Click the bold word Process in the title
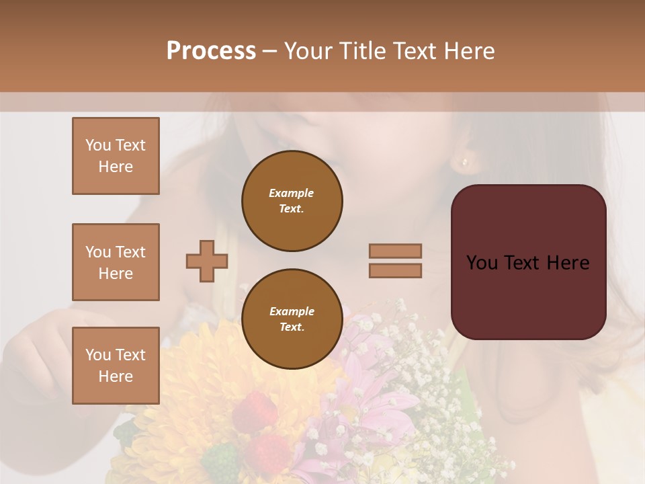(x=211, y=51)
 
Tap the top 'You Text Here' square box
(x=116, y=156)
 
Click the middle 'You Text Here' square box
(x=116, y=262)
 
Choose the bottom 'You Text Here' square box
(x=116, y=365)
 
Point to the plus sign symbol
(x=207, y=261)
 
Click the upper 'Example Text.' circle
(x=292, y=200)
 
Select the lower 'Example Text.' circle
(x=292, y=319)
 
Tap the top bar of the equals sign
(x=395, y=251)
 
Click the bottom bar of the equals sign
(x=395, y=270)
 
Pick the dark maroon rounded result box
(x=528, y=262)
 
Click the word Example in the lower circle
(x=292, y=311)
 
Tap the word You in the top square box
(x=98, y=145)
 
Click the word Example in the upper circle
(x=292, y=193)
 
